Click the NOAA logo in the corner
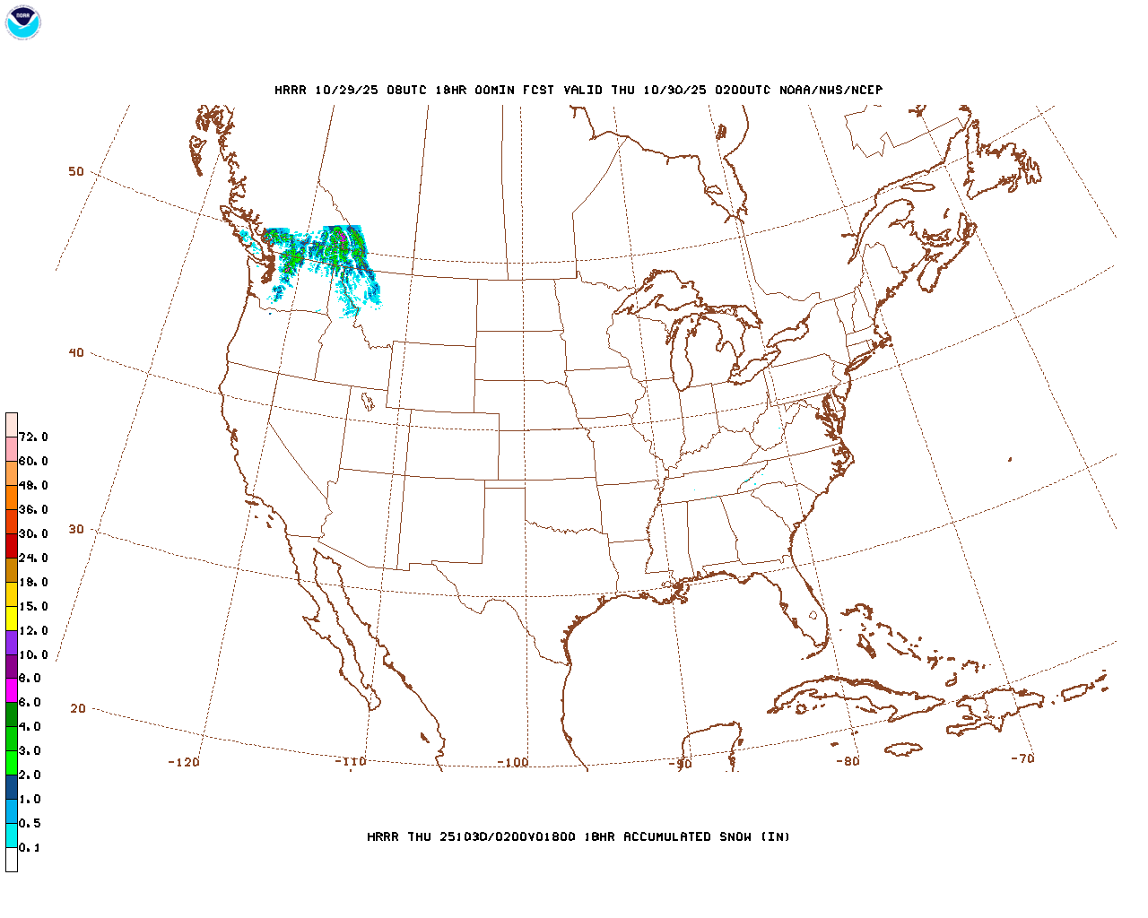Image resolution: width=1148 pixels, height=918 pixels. (x=22, y=22)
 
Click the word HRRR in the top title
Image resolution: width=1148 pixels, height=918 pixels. (x=291, y=90)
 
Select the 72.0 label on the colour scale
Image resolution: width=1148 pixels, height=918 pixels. (x=33, y=437)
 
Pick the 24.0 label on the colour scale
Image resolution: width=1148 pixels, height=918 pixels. (x=33, y=558)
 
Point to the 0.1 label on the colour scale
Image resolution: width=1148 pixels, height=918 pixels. (x=30, y=847)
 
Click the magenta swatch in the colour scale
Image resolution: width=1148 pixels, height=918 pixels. (x=12, y=690)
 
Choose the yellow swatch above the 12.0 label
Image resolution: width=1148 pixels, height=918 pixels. (x=12, y=618)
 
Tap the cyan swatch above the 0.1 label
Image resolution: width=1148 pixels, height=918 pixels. (x=12, y=836)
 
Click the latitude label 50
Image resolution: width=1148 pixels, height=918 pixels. (x=76, y=171)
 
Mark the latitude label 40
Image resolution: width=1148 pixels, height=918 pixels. (x=76, y=352)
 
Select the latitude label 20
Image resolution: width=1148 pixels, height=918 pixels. (x=78, y=708)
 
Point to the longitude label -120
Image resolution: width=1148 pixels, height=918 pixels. (x=184, y=762)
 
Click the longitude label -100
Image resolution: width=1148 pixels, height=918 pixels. (x=513, y=763)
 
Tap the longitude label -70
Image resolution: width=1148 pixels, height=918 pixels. (x=1022, y=758)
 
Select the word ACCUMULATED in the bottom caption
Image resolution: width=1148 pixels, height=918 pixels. (x=665, y=836)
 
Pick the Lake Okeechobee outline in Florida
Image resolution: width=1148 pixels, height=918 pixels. (x=814, y=616)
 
